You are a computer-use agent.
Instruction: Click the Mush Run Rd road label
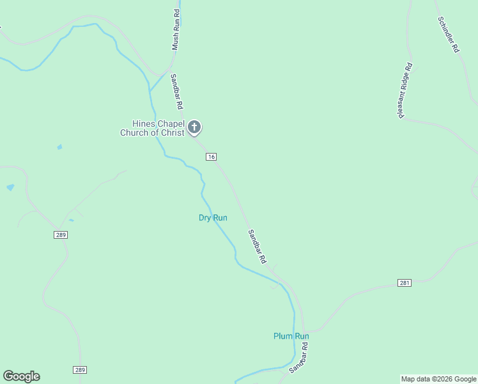click(176, 31)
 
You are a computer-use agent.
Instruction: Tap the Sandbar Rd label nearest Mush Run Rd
click(177, 91)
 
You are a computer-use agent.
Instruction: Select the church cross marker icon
click(195, 127)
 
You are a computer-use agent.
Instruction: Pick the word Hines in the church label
click(141, 124)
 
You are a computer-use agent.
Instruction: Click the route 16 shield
click(211, 157)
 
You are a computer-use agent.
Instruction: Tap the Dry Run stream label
click(213, 218)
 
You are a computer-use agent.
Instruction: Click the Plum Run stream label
click(291, 336)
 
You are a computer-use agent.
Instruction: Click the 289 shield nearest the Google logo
click(79, 370)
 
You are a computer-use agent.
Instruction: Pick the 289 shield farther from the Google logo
click(60, 235)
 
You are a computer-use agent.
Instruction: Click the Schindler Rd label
click(448, 33)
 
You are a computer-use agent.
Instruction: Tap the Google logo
click(21, 376)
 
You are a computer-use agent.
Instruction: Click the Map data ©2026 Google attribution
click(438, 379)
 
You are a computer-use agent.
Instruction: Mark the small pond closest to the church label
click(59, 147)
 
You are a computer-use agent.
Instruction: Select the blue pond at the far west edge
click(10, 188)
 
